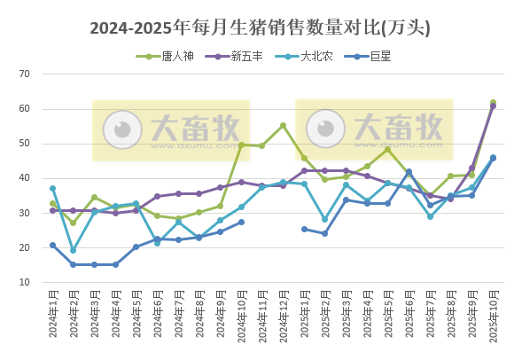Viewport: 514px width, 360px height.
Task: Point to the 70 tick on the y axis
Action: point(25,74)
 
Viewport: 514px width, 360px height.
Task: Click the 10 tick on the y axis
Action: point(25,282)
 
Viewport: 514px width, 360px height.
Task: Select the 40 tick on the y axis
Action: point(25,178)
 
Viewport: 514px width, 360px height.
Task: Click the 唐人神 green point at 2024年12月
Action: point(284,126)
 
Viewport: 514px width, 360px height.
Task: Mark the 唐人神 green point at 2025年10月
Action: point(494,103)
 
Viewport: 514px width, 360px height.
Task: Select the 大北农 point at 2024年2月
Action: point(74,250)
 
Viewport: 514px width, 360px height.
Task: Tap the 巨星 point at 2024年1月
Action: point(53,245)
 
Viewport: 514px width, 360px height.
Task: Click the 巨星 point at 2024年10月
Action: point(241,222)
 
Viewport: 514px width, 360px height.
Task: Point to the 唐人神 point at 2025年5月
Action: point(388,149)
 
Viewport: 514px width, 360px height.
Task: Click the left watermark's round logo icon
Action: point(122,130)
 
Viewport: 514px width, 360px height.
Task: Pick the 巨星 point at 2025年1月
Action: point(304,229)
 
